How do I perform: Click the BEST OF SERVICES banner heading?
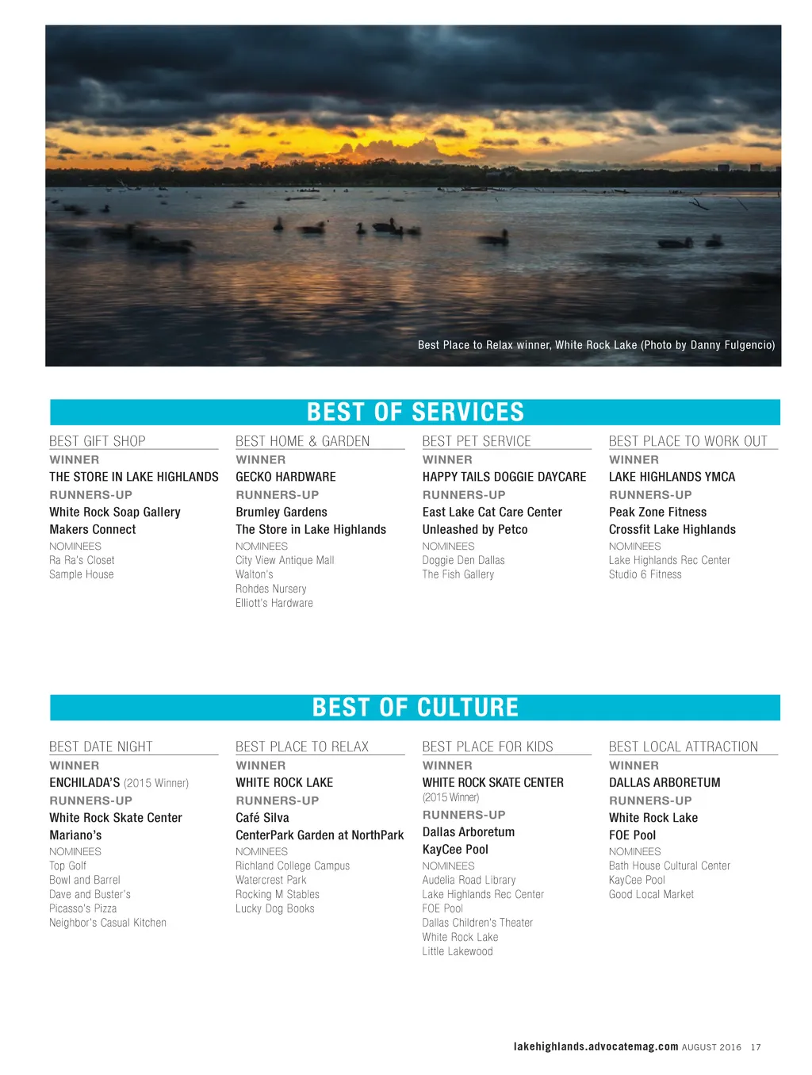click(x=416, y=413)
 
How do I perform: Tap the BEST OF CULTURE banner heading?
click(x=416, y=708)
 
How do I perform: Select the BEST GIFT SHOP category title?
click(x=98, y=441)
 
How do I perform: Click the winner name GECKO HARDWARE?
click(x=285, y=477)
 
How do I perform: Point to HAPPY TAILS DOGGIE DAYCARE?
click(x=504, y=477)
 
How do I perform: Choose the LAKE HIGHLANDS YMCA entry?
click(x=672, y=477)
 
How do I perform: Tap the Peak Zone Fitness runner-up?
click(x=657, y=513)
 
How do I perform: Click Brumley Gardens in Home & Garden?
click(x=282, y=513)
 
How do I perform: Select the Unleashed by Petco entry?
click(x=475, y=530)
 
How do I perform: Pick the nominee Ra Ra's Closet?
click(x=82, y=560)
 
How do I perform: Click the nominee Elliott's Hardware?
click(x=274, y=603)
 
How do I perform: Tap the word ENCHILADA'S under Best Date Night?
click(x=85, y=783)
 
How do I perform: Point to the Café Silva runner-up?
click(x=262, y=818)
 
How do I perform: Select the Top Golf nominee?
click(x=68, y=866)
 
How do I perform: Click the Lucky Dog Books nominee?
click(x=275, y=909)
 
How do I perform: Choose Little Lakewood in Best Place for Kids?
click(x=458, y=952)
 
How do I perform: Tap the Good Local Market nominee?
click(x=651, y=895)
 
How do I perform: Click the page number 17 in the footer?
click(x=756, y=1047)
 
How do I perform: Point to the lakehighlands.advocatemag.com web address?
click(x=596, y=1047)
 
